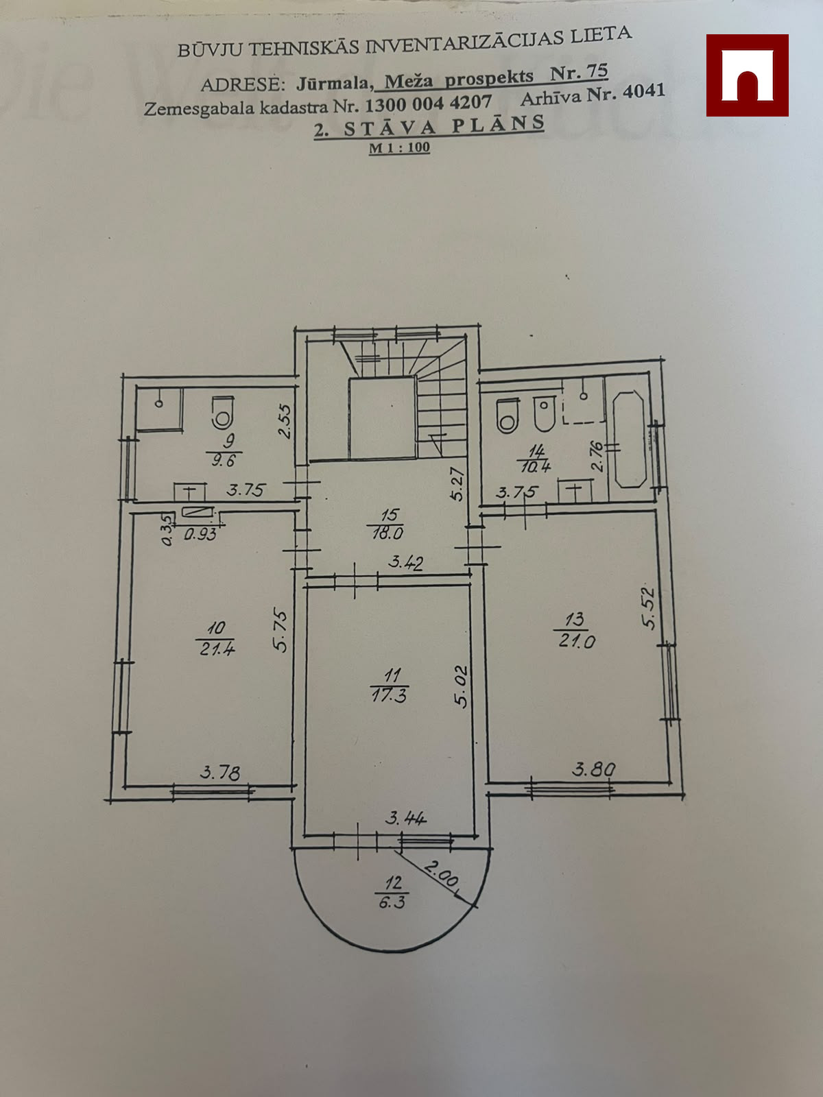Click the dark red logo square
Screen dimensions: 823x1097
(747, 75)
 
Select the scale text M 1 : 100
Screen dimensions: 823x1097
(399, 148)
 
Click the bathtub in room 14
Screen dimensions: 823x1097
(630, 439)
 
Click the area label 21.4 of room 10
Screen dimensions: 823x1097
(216, 649)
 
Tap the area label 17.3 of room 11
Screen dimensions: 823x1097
(389, 695)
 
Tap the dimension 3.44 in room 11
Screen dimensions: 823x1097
(406, 818)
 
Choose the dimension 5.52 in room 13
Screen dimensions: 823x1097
(649, 607)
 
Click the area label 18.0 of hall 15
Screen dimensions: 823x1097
(387, 533)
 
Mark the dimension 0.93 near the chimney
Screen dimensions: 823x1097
(200, 535)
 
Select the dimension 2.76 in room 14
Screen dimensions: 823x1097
(597, 456)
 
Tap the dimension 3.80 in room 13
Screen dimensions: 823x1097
(594, 770)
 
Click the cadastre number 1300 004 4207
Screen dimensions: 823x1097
(428, 104)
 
